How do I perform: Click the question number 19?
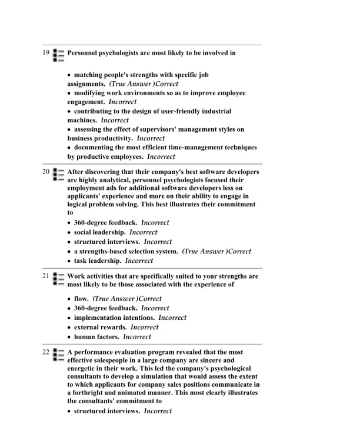pos(46,53)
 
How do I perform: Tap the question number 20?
pos(46,172)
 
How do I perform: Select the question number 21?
pos(46,276)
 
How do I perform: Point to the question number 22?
pos(46,352)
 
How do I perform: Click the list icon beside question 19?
pos(58,55)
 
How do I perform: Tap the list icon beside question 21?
pos(58,278)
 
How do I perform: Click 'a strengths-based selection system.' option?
pos(125,251)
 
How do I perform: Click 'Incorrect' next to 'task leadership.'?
pos(139,260)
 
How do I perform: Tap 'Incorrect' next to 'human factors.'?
pos(137,337)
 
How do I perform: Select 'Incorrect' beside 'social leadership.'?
pos(144,232)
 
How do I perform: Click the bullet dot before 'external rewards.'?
pos(69,327)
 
